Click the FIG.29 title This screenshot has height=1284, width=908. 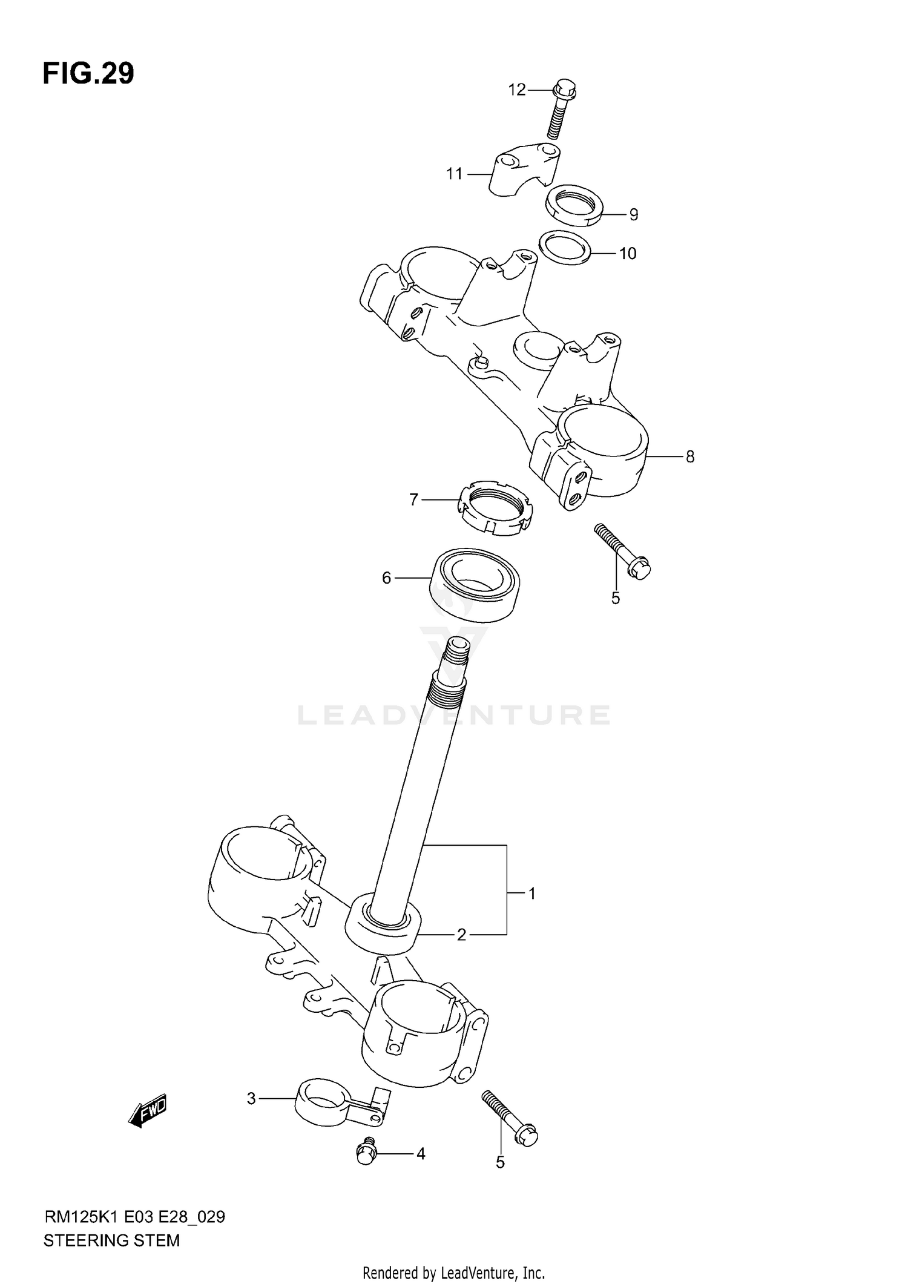click(x=88, y=74)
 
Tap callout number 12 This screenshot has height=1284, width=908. click(x=516, y=90)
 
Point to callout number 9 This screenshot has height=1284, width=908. click(x=633, y=214)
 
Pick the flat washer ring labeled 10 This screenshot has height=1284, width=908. click(x=565, y=247)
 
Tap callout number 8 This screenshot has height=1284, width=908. click(x=689, y=457)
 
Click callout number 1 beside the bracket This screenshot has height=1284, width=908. click(x=531, y=894)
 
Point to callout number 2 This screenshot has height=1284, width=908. click(x=461, y=935)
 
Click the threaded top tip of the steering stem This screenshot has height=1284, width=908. click(x=457, y=651)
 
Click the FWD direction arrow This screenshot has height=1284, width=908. click(x=148, y=1111)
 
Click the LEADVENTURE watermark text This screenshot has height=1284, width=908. click(x=454, y=715)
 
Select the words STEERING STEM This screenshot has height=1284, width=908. click(x=111, y=1240)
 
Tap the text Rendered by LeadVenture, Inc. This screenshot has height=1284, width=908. click(x=453, y=1273)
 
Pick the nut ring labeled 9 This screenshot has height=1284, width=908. click(x=573, y=205)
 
